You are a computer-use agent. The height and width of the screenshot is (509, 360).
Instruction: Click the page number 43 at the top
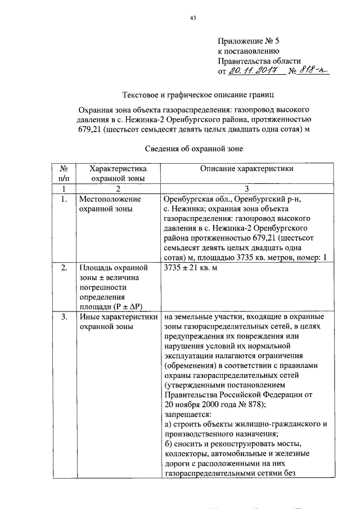[192, 18]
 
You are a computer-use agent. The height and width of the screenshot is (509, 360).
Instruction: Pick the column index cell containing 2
[118, 188]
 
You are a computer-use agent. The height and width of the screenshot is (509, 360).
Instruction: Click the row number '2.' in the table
[64, 267]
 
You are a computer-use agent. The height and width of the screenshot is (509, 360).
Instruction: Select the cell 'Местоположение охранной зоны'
[110, 204]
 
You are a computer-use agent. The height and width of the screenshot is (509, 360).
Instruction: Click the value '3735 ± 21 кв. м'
[190, 267]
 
